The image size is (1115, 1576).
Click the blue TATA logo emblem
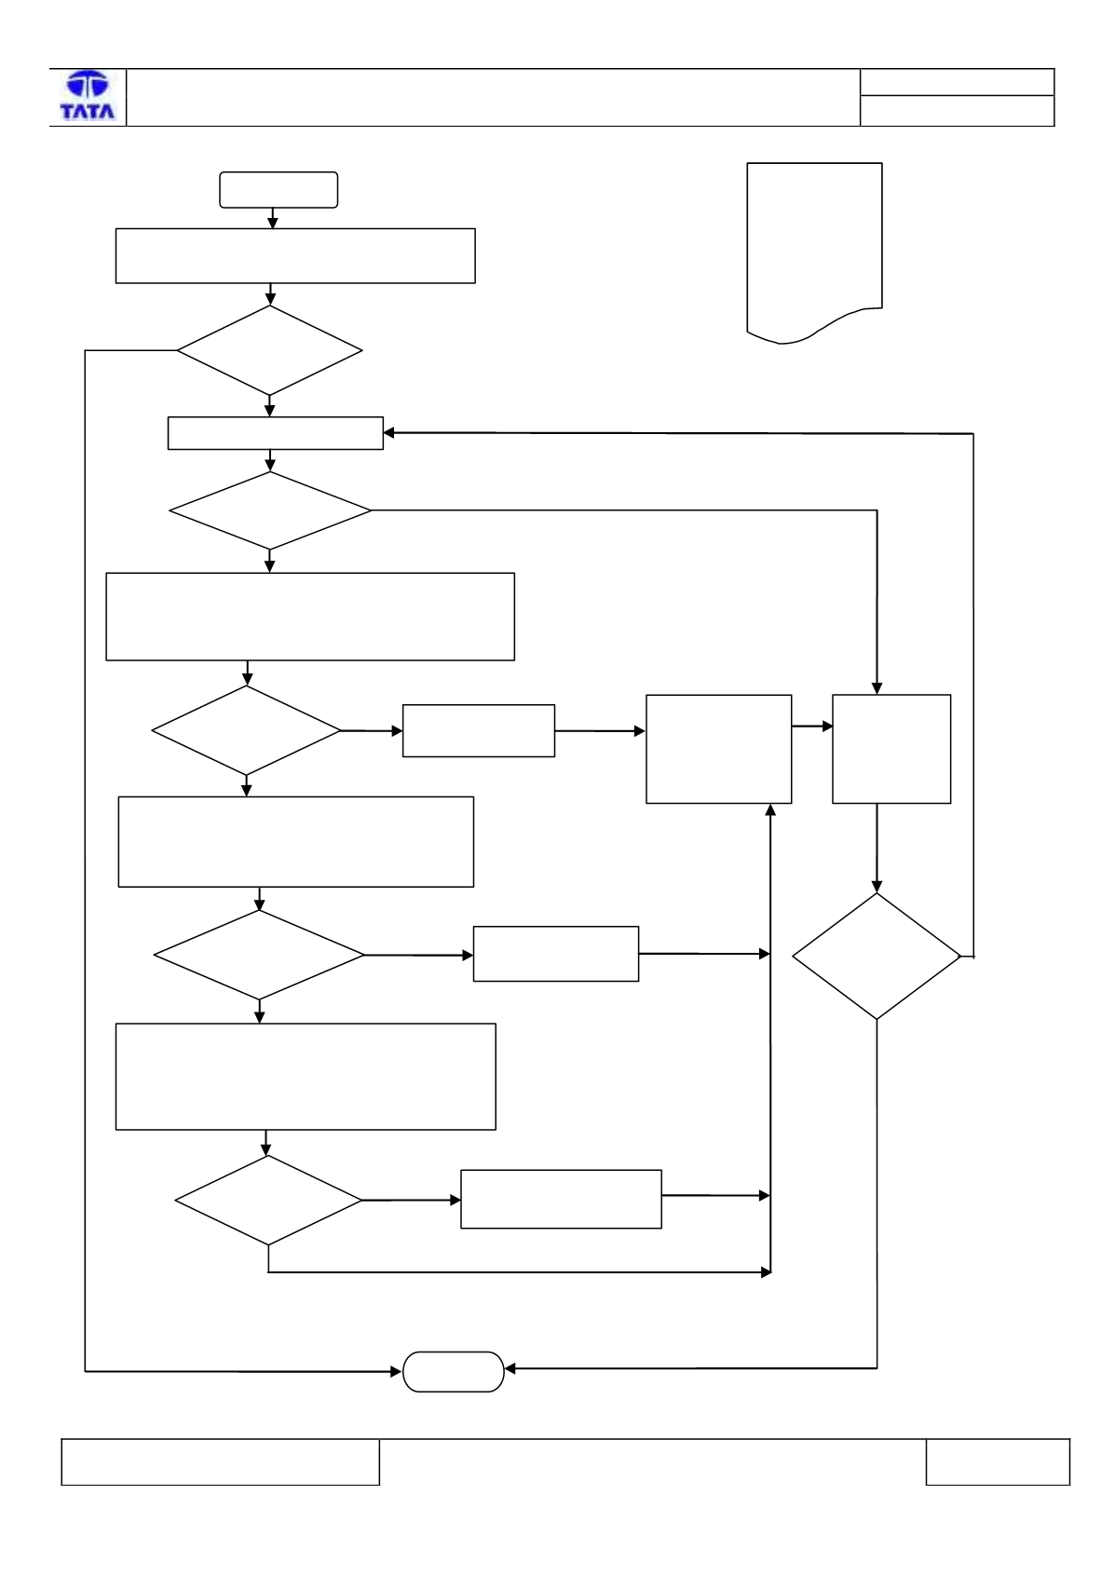click(x=88, y=85)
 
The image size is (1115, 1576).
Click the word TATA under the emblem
click(x=88, y=111)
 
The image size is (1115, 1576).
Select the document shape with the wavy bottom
click(x=814, y=253)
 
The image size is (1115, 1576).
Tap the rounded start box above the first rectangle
click(x=279, y=190)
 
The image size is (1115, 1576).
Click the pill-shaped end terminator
click(x=453, y=1371)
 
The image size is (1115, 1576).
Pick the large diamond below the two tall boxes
click(x=877, y=957)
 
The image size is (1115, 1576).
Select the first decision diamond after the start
click(x=269, y=350)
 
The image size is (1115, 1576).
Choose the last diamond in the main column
click(x=268, y=1201)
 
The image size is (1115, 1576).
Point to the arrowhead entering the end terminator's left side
click(x=396, y=1371)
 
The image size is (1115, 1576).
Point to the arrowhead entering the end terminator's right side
click(x=510, y=1368)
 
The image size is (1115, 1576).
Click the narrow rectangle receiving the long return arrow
click(x=276, y=433)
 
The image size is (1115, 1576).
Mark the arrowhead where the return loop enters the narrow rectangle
click(x=389, y=433)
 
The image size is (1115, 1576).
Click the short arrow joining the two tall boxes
click(x=812, y=727)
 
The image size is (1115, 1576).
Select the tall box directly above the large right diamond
click(x=891, y=749)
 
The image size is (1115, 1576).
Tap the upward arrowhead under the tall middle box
click(x=770, y=809)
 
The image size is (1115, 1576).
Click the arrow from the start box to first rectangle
click(x=273, y=218)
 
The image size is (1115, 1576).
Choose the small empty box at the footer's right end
click(x=998, y=1462)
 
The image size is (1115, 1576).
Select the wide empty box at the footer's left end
click(x=220, y=1462)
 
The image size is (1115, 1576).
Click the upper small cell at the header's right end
click(x=958, y=82)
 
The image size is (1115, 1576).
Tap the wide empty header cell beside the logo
click(x=493, y=97)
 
